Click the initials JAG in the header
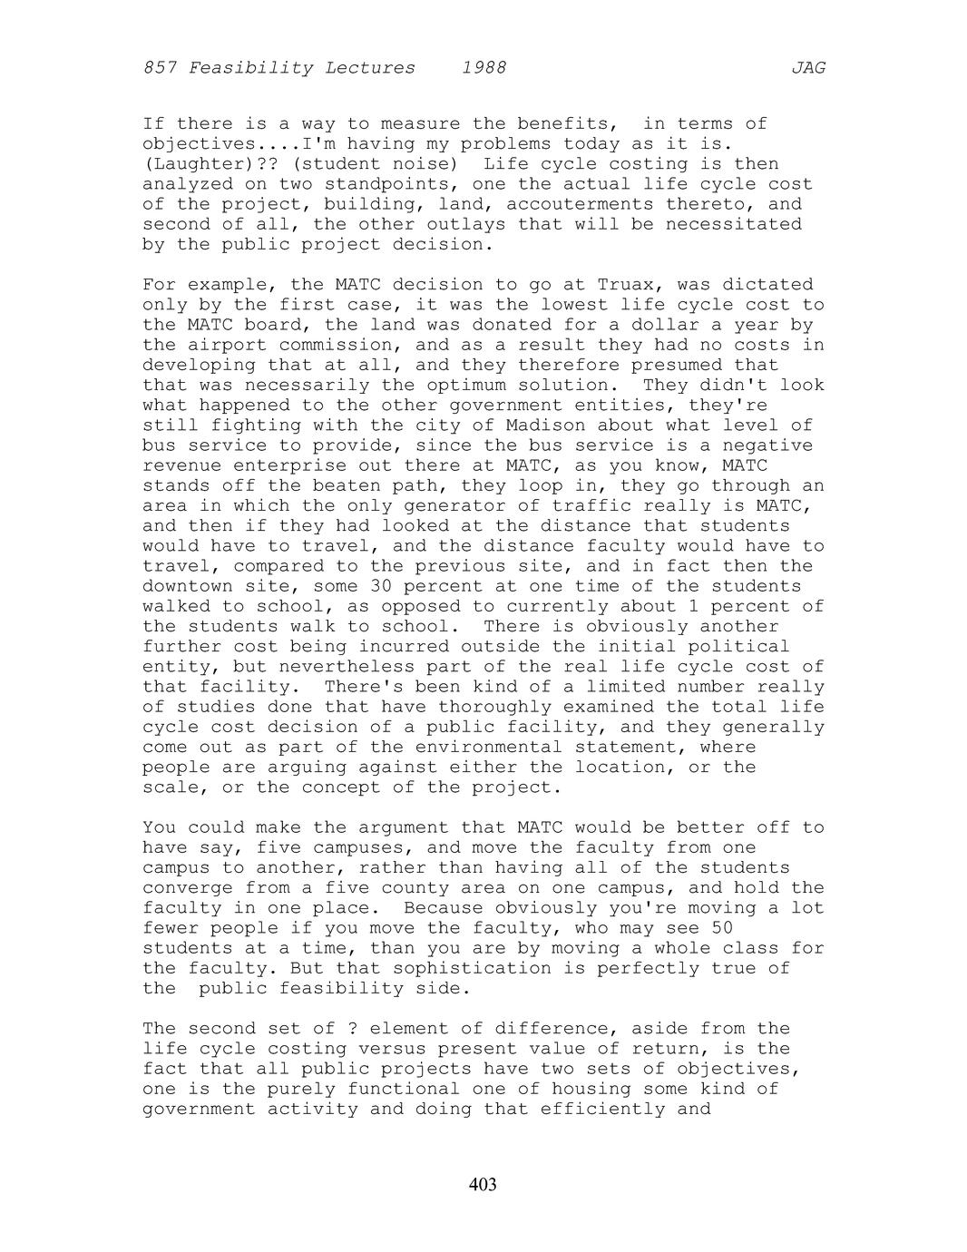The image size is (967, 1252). [807, 68]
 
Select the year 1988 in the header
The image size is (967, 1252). [483, 68]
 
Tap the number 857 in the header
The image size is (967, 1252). [160, 68]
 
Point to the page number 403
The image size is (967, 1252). [483, 1184]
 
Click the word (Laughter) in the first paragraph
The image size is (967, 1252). [193, 164]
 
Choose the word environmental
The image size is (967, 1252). [489, 748]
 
